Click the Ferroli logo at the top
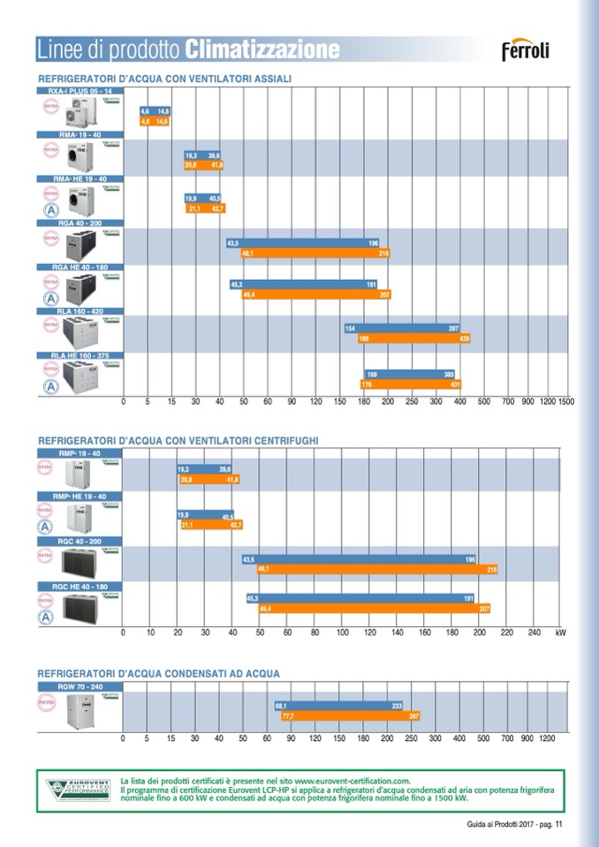point(526,50)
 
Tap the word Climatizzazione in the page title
point(262,49)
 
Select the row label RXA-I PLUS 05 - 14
point(75,91)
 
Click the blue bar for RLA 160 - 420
point(402,328)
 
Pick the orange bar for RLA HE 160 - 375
point(410,384)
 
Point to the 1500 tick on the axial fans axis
point(566,402)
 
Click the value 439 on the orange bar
point(465,338)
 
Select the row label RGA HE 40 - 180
point(75,267)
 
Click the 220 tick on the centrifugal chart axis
point(506,632)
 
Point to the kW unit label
point(560,632)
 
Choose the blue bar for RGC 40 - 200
point(360,559)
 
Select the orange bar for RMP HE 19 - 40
point(210,525)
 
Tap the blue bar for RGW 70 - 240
point(339,706)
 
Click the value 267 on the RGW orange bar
point(413,716)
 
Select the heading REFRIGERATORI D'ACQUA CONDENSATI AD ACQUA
point(159,673)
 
